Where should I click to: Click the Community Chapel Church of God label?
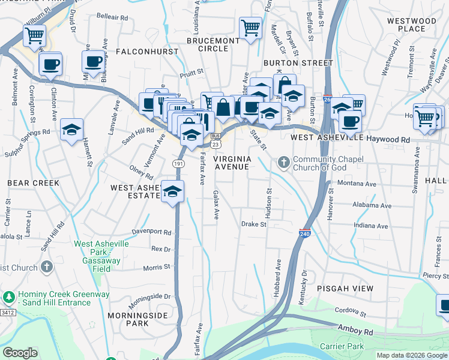coord(320,163)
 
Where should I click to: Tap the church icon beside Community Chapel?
coord(283,163)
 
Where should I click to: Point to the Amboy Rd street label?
coord(355,331)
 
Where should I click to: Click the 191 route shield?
coord(178,163)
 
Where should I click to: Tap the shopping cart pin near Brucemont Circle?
coord(250,27)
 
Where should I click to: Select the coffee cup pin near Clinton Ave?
coord(50,63)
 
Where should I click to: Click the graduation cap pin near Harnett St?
coord(71,130)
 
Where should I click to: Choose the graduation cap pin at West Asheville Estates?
coord(172,191)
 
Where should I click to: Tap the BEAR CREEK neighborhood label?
coord(33,182)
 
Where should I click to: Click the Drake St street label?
coord(253,224)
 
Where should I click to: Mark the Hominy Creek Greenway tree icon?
coord(8,297)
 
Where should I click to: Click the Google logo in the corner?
coord(20,353)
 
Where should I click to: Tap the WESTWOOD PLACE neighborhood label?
coord(411,25)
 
